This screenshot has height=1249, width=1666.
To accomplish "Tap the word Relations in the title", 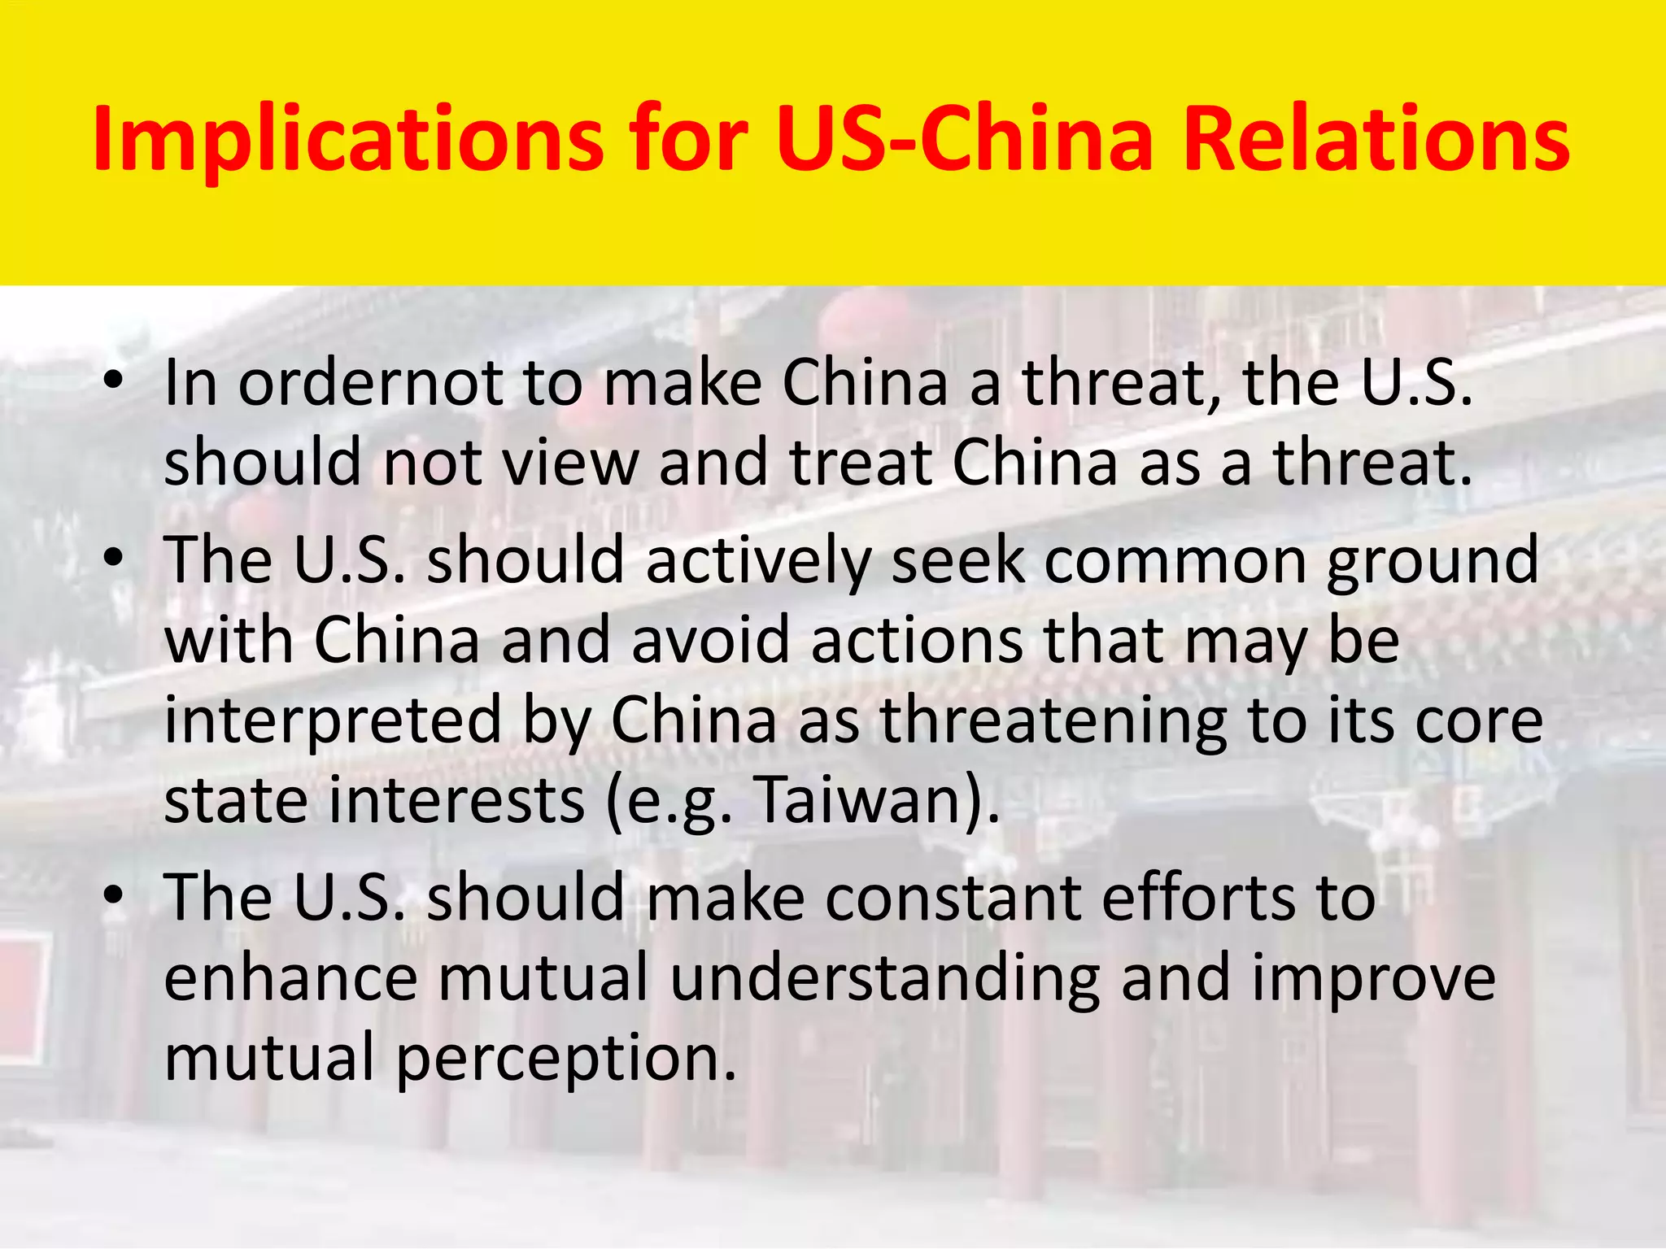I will click(x=1376, y=140).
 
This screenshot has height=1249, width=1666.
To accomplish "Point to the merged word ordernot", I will click(x=370, y=382).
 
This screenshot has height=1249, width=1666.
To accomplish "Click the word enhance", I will click(x=291, y=977).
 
